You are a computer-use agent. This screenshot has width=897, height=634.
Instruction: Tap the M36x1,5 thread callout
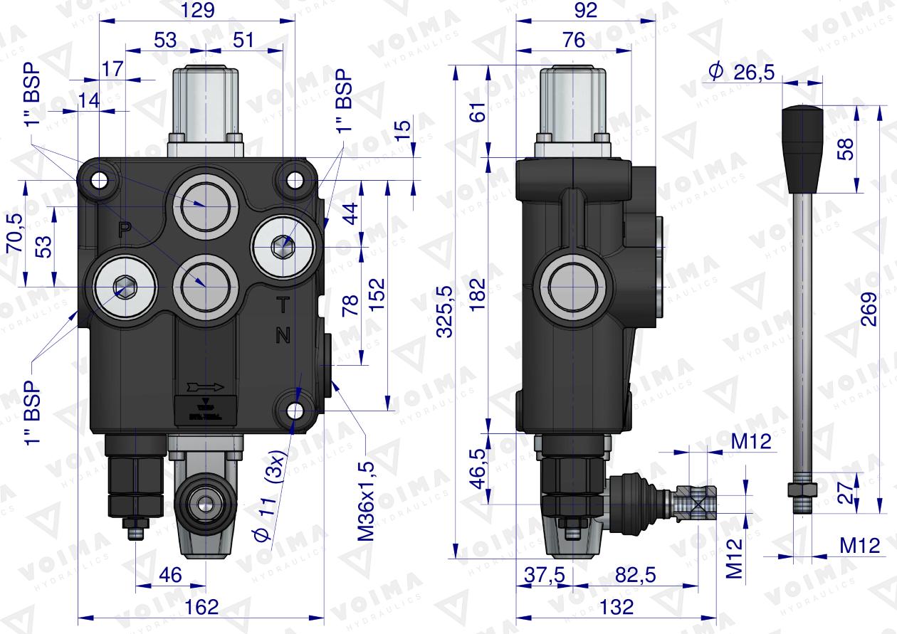click(x=365, y=498)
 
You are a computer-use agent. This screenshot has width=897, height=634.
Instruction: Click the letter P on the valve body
click(x=125, y=229)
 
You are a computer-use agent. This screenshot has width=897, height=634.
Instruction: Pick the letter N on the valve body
click(x=283, y=336)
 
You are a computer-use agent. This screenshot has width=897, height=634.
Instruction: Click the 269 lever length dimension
click(x=868, y=309)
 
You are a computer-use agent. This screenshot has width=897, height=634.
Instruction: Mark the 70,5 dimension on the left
click(x=13, y=234)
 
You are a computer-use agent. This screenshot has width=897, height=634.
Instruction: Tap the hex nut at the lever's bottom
click(x=802, y=490)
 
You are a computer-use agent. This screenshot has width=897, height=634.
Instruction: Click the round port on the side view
click(x=573, y=285)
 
